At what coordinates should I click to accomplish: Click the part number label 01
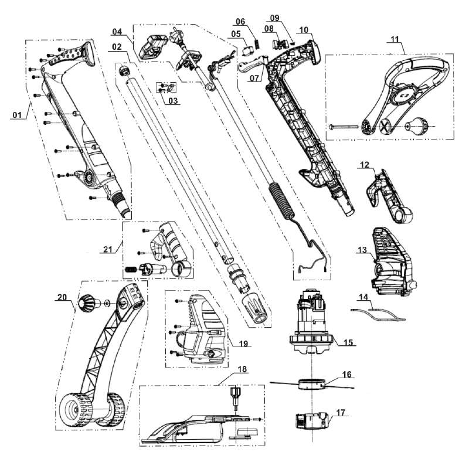pos(18,114)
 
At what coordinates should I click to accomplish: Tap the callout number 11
pos(395,39)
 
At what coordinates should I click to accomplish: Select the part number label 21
pos(108,249)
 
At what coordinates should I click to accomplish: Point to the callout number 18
pos(242,369)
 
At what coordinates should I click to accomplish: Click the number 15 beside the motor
pos(348,342)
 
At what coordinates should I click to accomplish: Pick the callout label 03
pos(173,100)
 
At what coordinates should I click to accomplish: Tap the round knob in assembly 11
pos(417,125)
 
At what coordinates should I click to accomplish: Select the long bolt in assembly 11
pos(344,127)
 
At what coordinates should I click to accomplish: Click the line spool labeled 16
pos(312,384)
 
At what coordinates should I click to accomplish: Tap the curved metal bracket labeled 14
pos(378,314)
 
